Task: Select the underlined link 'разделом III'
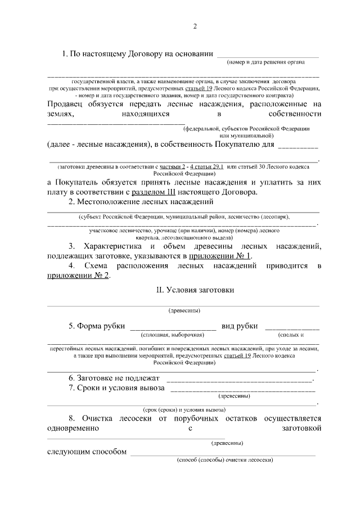pyautogui.click(x=151, y=192)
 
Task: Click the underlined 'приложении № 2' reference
pyautogui.click(x=78, y=275)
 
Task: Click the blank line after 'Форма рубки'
pyautogui.click(x=173, y=327)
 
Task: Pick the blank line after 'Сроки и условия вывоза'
pyautogui.click(x=242, y=389)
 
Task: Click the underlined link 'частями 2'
pyautogui.click(x=172, y=167)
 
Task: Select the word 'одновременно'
pyautogui.click(x=73, y=428)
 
